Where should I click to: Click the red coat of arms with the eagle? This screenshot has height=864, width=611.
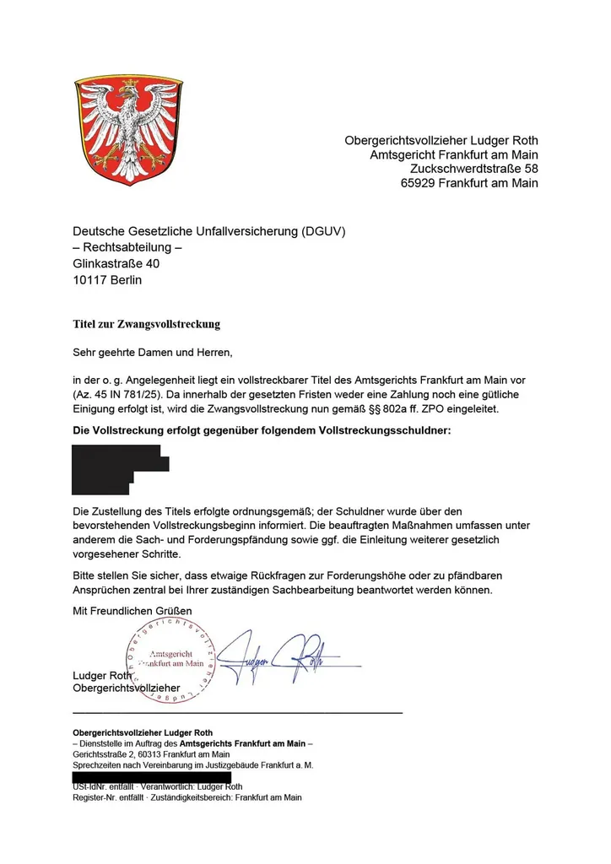tap(128, 130)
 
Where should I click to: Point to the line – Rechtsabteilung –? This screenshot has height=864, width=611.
tap(127, 248)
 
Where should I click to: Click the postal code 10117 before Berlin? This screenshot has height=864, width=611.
tap(91, 279)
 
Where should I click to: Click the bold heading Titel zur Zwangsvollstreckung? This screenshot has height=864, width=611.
tap(146, 323)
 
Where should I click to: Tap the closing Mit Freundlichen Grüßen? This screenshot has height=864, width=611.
tap(132, 610)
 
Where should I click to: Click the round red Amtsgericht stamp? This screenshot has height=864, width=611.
tap(170, 659)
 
